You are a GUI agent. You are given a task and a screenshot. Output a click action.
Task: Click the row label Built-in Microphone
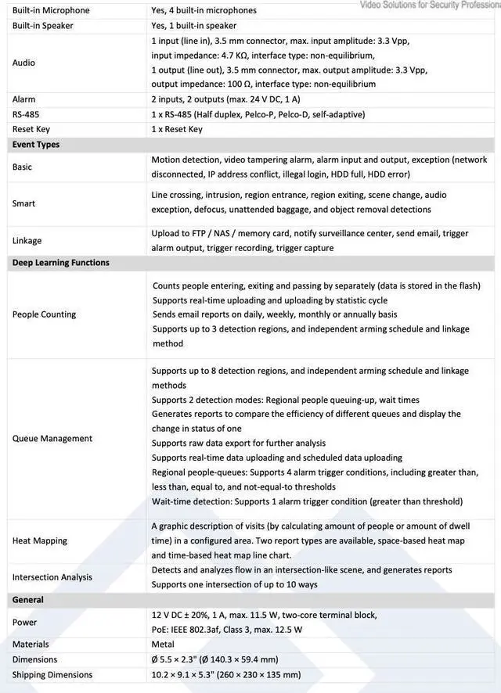click(51, 11)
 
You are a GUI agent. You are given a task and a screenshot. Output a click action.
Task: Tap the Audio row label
click(24, 62)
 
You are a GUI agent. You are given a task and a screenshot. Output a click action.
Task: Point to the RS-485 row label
click(27, 114)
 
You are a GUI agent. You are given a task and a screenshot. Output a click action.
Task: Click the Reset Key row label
click(31, 129)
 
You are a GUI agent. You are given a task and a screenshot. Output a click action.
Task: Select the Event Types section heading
click(36, 144)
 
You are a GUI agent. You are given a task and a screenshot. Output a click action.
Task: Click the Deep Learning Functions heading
click(61, 263)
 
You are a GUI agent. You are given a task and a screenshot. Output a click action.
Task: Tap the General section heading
click(28, 600)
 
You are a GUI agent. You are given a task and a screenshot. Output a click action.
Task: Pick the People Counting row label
click(44, 314)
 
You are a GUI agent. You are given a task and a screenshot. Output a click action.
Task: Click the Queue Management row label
click(52, 439)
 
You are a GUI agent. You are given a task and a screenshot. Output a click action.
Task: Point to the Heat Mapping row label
click(40, 540)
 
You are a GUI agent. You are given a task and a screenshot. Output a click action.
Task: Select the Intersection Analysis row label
click(52, 577)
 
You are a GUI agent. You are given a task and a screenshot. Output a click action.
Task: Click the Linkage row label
click(27, 241)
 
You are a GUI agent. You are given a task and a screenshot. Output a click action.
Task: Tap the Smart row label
click(24, 203)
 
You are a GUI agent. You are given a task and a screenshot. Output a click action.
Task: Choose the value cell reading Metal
click(163, 645)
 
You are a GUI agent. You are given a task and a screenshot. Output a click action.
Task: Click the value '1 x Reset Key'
click(177, 129)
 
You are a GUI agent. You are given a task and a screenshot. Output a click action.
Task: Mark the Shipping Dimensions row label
click(52, 674)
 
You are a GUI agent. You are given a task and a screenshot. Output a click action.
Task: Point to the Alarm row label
click(24, 99)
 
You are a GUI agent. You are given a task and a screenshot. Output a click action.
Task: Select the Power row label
click(25, 623)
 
